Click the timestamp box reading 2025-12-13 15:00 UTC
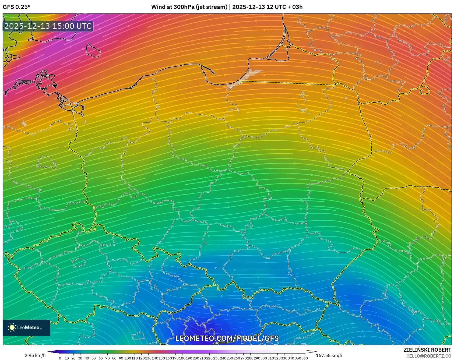point(48,26)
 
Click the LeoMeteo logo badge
point(26,327)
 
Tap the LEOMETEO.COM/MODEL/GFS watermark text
point(227,338)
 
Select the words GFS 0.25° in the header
point(16,7)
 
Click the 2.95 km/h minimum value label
point(35,355)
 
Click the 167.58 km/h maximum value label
point(329,355)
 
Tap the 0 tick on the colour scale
point(60,358)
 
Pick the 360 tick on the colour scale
point(304,358)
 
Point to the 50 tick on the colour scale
point(94,358)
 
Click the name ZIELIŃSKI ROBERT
point(427,350)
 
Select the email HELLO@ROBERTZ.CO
point(428,356)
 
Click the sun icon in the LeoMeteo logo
point(12,327)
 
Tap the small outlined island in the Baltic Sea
point(93,50)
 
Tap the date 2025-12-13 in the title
point(248,7)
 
